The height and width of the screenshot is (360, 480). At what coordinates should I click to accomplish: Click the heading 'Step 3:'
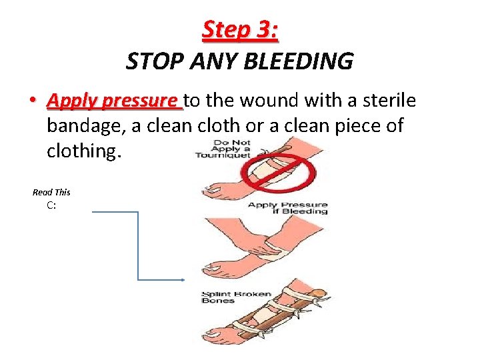point(239,30)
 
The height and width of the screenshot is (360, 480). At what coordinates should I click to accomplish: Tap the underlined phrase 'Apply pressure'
point(114,101)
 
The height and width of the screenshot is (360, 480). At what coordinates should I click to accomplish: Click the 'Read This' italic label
point(51,192)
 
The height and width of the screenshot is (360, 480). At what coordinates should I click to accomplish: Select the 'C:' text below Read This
point(51,205)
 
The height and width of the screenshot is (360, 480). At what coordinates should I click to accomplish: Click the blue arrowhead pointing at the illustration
point(181,279)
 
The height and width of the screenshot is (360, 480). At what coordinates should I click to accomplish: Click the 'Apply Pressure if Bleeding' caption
point(287,208)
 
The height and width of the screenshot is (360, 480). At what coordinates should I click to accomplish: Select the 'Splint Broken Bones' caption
point(227,297)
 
